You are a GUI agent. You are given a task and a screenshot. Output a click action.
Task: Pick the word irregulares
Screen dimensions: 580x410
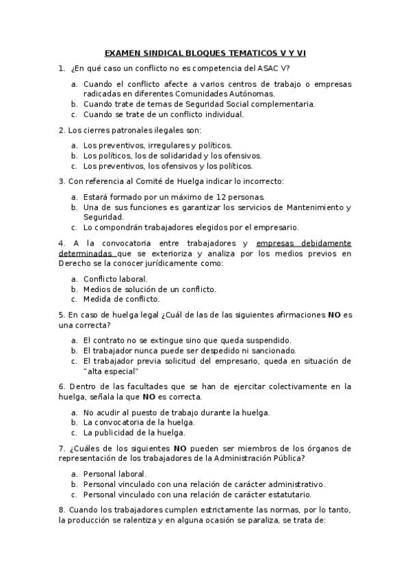point(169,145)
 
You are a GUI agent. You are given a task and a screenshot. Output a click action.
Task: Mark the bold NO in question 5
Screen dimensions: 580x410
point(334,315)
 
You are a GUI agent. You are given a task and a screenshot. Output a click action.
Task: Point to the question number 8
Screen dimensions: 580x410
point(62,510)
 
